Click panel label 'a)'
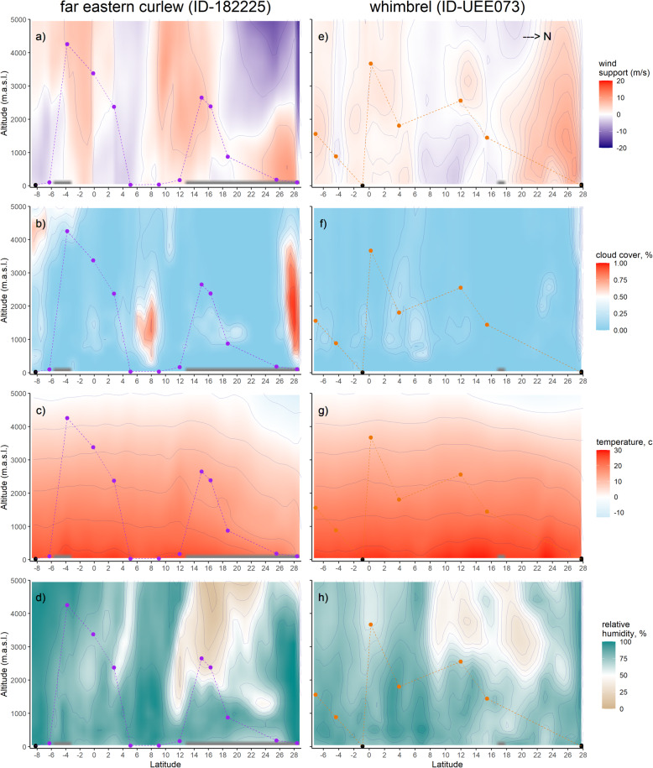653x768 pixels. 39,36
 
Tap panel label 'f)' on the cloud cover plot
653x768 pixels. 321,223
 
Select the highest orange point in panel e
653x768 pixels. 370,64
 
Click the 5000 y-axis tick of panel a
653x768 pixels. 16,21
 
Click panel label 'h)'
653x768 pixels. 321,596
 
